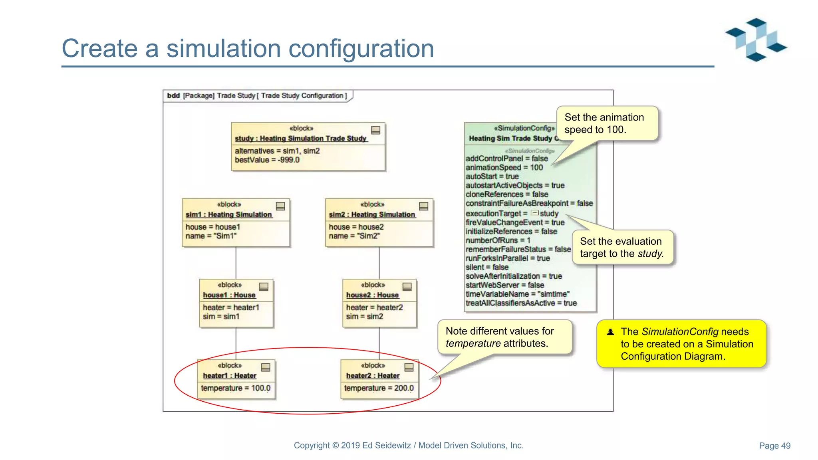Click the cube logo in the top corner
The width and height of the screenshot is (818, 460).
coord(756,40)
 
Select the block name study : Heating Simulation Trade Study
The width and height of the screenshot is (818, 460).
coord(300,138)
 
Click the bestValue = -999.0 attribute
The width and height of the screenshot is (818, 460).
coord(267,160)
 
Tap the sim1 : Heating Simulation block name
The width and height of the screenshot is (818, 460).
coord(228,214)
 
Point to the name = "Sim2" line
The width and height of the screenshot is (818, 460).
coord(354,236)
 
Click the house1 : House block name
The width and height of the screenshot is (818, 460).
coord(229,295)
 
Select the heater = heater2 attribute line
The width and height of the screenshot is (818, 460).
coord(374,307)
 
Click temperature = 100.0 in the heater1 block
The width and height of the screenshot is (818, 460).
coord(236,388)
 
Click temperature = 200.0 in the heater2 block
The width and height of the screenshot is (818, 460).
coord(379,388)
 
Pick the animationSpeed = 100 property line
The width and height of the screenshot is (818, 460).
coord(504,168)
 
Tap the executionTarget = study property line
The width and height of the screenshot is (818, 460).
coord(512,214)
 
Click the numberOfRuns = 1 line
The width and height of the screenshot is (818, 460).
coord(498,240)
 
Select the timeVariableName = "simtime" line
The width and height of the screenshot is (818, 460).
coord(517,294)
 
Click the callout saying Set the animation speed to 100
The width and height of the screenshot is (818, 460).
coord(606,123)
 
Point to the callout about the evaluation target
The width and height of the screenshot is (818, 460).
coord(622,248)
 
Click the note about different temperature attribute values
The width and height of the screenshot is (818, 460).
coord(504,337)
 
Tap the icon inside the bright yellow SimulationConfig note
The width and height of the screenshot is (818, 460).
coord(610,332)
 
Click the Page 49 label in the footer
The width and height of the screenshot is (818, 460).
coord(774,446)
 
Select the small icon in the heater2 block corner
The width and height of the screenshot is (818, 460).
coord(409,367)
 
